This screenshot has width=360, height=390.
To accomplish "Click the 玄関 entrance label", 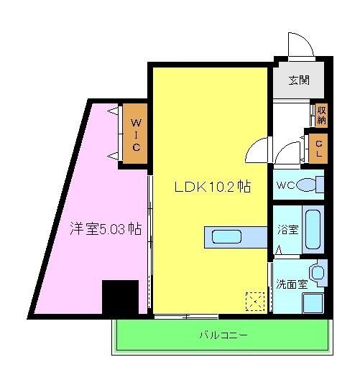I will [x=299, y=80].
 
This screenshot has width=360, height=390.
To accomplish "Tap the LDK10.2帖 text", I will [x=213, y=186].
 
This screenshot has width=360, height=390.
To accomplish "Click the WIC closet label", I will [x=135, y=134].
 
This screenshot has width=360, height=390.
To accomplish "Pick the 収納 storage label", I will [x=320, y=114].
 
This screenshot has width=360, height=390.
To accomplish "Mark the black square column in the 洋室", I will [x=120, y=297].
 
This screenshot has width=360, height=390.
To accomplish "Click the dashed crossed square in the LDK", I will [x=254, y=300].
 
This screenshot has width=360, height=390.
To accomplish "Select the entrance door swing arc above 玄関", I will [x=300, y=45].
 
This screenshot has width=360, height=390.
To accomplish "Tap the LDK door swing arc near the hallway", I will [x=256, y=152].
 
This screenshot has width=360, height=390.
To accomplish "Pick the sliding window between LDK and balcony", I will [x=185, y=315].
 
